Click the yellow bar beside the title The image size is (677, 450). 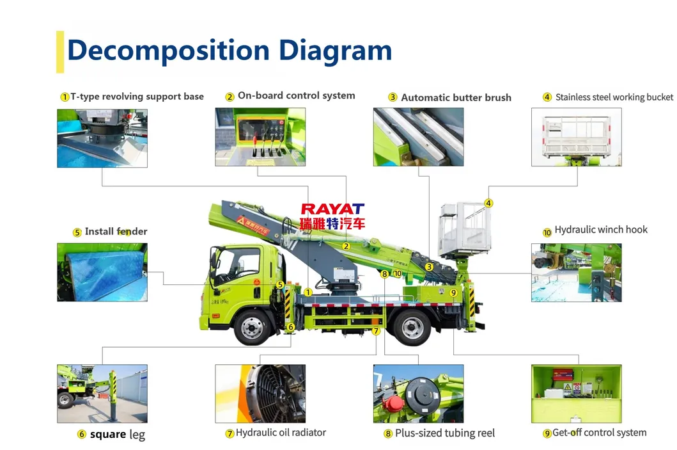point(60,51)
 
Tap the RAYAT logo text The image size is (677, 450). point(332,209)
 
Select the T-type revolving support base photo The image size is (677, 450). point(102,138)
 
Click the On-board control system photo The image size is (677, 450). point(260,137)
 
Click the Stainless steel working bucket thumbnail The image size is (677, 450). point(577,137)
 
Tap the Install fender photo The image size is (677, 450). point(102,272)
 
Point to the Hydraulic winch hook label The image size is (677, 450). point(600,230)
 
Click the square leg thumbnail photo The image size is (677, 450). point(102,394)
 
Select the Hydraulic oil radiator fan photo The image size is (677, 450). point(260,394)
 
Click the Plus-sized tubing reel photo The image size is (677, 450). point(418,394)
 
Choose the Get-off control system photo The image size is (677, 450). point(577,394)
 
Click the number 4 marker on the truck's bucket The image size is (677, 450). point(488,204)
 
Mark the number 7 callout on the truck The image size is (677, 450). point(376,331)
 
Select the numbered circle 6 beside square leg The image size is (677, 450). point(82,435)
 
